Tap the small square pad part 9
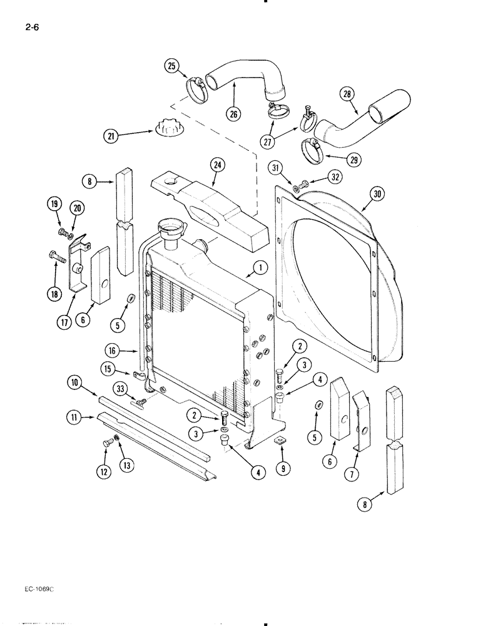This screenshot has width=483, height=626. coord(279,442)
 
